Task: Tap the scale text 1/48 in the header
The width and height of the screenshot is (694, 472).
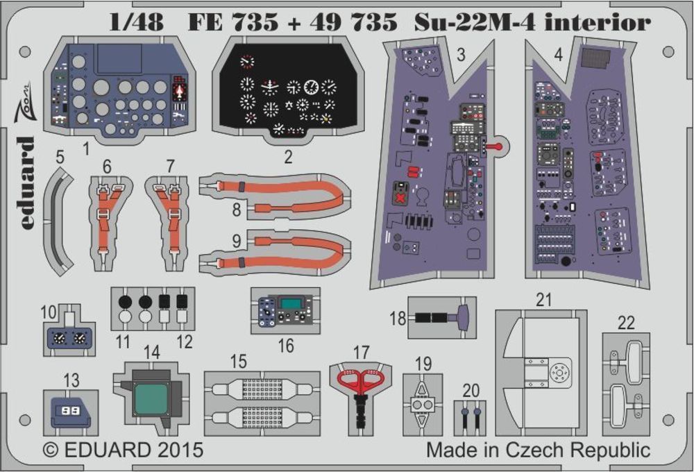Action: tap(136, 24)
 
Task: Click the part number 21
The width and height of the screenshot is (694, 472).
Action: tap(543, 300)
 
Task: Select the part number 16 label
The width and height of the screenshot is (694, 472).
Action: tap(285, 345)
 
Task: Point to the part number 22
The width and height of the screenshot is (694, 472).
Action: tap(626, 322)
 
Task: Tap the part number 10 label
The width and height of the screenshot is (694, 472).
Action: tap(49, 312)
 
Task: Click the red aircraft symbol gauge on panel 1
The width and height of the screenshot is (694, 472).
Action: tap(181, 91)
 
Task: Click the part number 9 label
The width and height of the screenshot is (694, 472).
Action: tap(237, 242)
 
